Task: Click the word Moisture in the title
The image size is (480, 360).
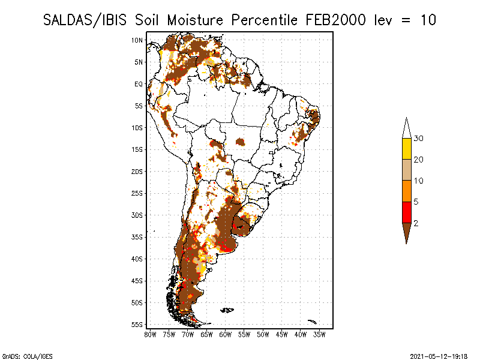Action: click(x=195, y=20)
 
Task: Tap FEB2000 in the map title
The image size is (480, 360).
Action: click(x=335, y=20)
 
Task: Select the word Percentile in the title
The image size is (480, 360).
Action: click(x=264, y=20)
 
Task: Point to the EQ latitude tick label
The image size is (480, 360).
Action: click(x=139, y=84)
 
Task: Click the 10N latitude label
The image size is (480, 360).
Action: click(x=137, y=40)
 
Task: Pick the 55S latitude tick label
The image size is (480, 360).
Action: click(x=137, y=325)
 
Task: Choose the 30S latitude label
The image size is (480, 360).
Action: click(x=137, y=215)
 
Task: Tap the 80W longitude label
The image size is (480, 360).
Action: click(x=150, y=335)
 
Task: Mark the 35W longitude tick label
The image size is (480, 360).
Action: click(x=319, y=335)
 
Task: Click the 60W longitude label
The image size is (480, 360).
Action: click(x=226, y=335)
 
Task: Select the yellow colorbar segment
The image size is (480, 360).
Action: click(x=407, y=149)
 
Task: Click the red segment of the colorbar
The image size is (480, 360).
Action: click(x=407, y=212)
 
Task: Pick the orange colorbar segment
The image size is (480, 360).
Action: click(x=407, y=191)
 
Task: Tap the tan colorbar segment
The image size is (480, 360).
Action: click(x=407, y=170)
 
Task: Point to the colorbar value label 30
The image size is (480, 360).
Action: click(x=418, y=139)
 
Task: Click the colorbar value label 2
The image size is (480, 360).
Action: click(x=416, y=223)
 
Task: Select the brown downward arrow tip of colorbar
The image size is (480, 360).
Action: click(x=407, y=244)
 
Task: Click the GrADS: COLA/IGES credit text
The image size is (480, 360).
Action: click(x=27, y=356)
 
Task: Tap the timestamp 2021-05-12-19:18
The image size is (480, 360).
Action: click(x=439, y=356)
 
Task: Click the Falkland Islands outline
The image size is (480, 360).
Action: click(x=227, y=310)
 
